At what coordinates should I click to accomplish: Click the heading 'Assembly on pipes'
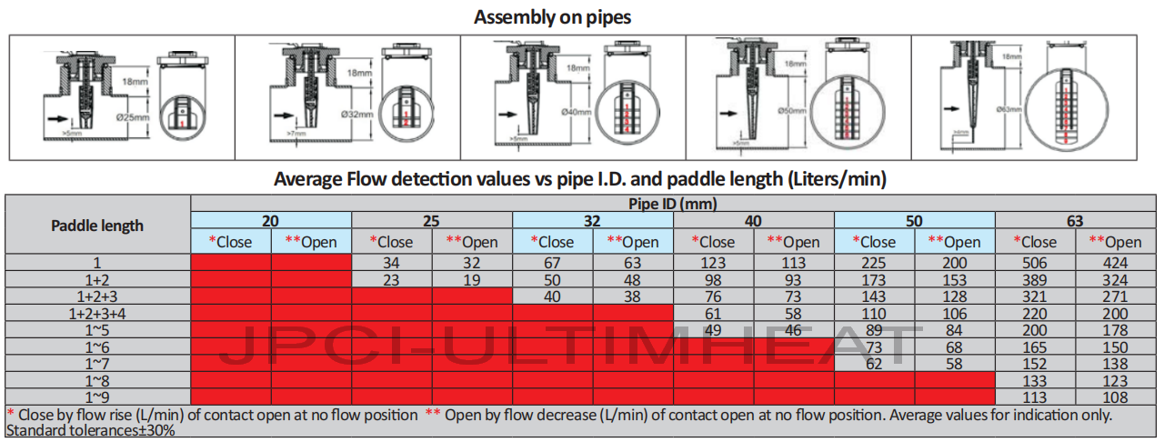pos(552,16)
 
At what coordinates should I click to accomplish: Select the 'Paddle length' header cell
pos(97,226)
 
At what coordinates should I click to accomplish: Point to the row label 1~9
pos(97,397)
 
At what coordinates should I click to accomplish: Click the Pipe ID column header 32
pos(593,220)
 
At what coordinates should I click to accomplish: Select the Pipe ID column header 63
pos(1076,220)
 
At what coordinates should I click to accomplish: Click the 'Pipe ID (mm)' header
pos(674,204)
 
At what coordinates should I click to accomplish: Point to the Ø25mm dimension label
pos(133,116)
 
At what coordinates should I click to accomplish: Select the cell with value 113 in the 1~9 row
pos(1036,397)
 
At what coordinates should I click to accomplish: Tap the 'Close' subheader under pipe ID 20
pos(231,242)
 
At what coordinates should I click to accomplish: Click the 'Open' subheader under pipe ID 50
pos(955,242)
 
